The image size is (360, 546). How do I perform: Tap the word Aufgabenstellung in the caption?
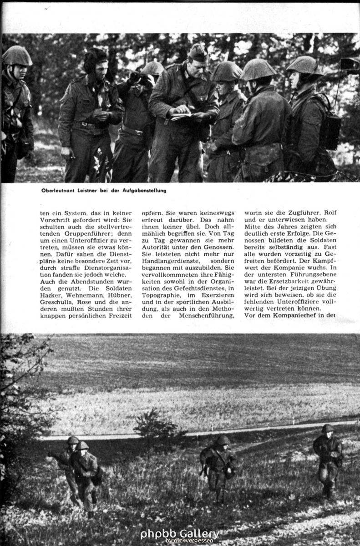click(x=145, y=190)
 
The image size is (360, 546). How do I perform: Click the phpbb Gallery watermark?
click(x=179, y=535)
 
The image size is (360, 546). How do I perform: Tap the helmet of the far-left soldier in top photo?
click(x=17, y=56)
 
